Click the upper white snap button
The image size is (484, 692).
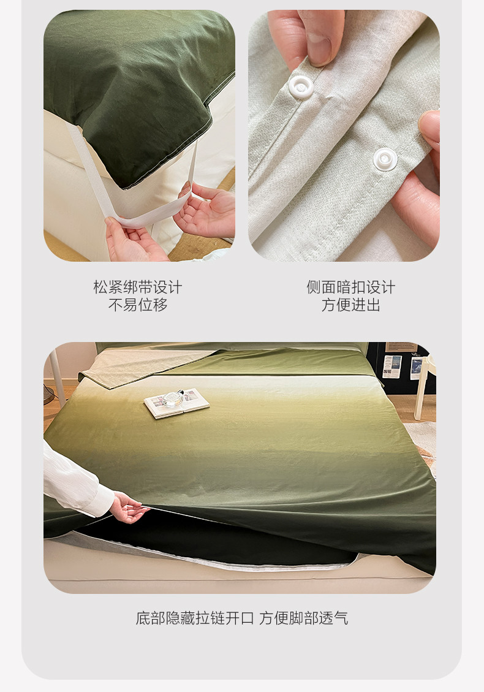coord(301,86)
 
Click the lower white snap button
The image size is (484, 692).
coord(385,159)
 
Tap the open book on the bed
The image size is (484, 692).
coord(176,403)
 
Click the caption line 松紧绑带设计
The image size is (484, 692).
coord(138,287)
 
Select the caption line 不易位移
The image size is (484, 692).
coord(138,305)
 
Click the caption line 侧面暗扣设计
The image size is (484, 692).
coord(351,287)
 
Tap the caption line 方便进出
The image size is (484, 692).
coord(351,305)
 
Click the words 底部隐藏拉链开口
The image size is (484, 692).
coord(195,618)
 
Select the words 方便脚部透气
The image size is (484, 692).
coord(303,618)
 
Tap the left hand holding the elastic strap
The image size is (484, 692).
coord(132,240)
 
